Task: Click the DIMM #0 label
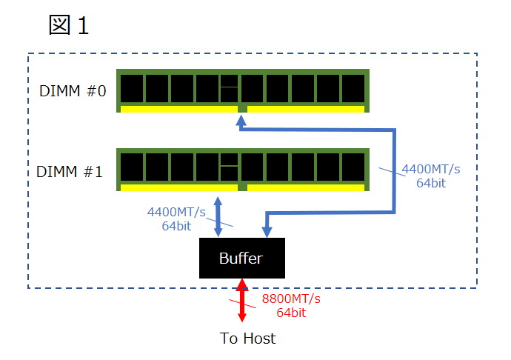point(72,91)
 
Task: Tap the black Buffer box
point(241,259)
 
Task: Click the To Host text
point(247,339)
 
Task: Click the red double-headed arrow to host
point(241,300)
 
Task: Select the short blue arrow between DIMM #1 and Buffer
point(218,216)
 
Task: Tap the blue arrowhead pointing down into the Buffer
point(267,231)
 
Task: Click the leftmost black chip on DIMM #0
point(131,89)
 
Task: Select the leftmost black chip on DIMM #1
point(131,169)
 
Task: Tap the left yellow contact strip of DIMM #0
point(178,109)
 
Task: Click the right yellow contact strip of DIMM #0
point(305,109)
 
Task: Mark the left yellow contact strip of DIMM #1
point(178,188)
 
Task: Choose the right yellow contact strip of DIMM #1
point(305,188)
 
